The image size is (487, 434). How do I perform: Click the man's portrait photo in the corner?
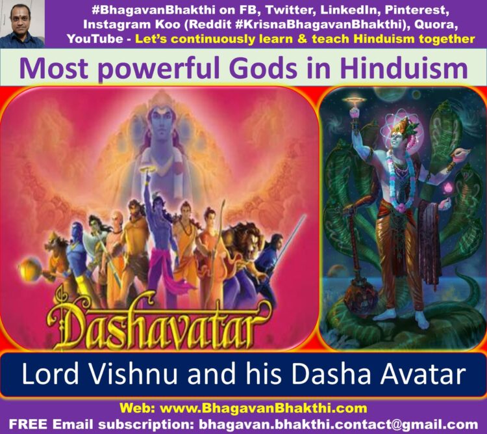22,24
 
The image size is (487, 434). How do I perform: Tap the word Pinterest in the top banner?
417,10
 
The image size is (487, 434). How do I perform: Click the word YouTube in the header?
95,39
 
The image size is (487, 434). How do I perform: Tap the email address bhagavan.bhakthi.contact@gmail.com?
338,424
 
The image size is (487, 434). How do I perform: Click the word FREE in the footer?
29,424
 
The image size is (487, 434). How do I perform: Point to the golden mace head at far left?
29,268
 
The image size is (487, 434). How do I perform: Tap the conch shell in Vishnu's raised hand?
461,154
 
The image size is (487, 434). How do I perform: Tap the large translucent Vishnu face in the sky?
161,124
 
